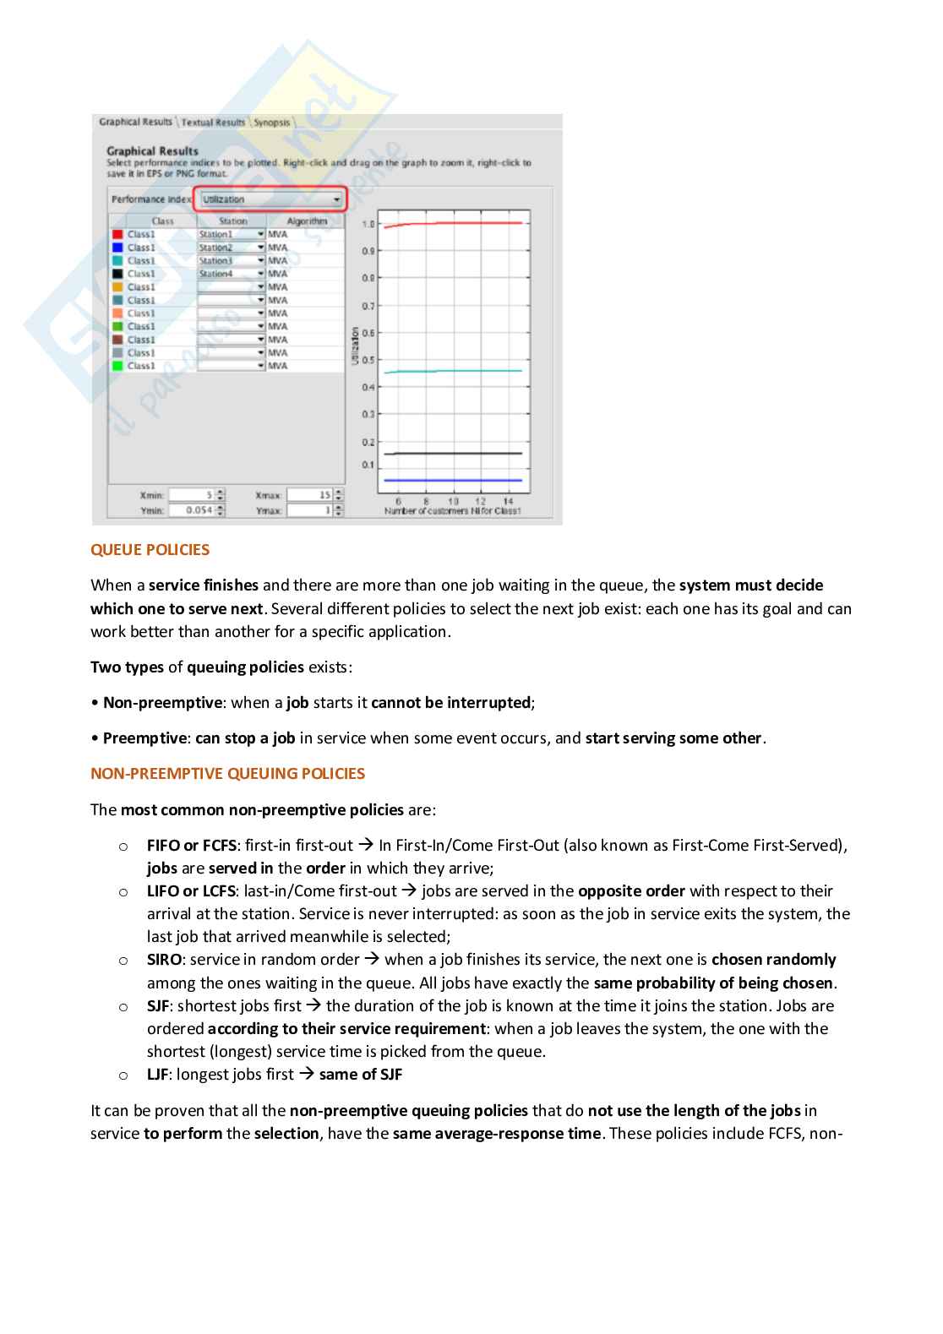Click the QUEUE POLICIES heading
[x=150, y=550]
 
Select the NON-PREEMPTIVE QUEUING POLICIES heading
[x=227, y=774]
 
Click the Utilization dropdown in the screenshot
[x=271, y=199]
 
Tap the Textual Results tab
[x=213, y=123]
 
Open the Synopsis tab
[x=272, y=123]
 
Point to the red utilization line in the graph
[x=456, y=223]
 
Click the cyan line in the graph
[x=456, y=371]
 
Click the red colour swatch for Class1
[x=118, y=235]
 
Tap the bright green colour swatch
[x=118, y=366]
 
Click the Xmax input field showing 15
[x=310, y=495]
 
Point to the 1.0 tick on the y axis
[x=368, y=225]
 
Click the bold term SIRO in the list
[x=164, y=960]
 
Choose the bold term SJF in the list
[x=157, y=1006]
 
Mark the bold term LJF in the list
[x=157, y=1075]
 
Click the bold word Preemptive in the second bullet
[x=144, y=738]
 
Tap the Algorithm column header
[x=306, y=221]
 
